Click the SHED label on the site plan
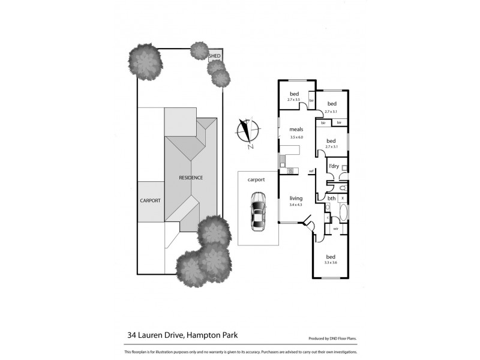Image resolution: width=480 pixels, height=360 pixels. click(x=215, y=56)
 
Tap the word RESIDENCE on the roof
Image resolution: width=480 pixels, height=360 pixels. click(x=190, y=178)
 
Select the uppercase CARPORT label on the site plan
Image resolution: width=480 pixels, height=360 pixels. click(x=150, y=200)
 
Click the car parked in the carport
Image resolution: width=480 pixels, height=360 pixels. click(x=259, y=211)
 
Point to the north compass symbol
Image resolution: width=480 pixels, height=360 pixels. click(x=247, y=132)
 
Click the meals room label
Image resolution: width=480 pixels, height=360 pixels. click(x=296, y=130)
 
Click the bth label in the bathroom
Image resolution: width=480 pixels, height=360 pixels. click(x=331, y=199)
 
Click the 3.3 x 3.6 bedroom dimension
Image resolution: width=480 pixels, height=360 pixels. click(x=331, y=262)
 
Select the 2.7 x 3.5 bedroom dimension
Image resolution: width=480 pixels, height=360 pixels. click(x=294, y=100)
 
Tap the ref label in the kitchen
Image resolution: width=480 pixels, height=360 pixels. click(x=311, y=172)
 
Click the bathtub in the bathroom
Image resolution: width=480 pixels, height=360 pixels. click(x=343, y=213)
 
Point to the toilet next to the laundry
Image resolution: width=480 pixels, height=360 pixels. click(x=342, y=188)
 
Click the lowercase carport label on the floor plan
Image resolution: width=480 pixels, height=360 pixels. click(x=257, y=178)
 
